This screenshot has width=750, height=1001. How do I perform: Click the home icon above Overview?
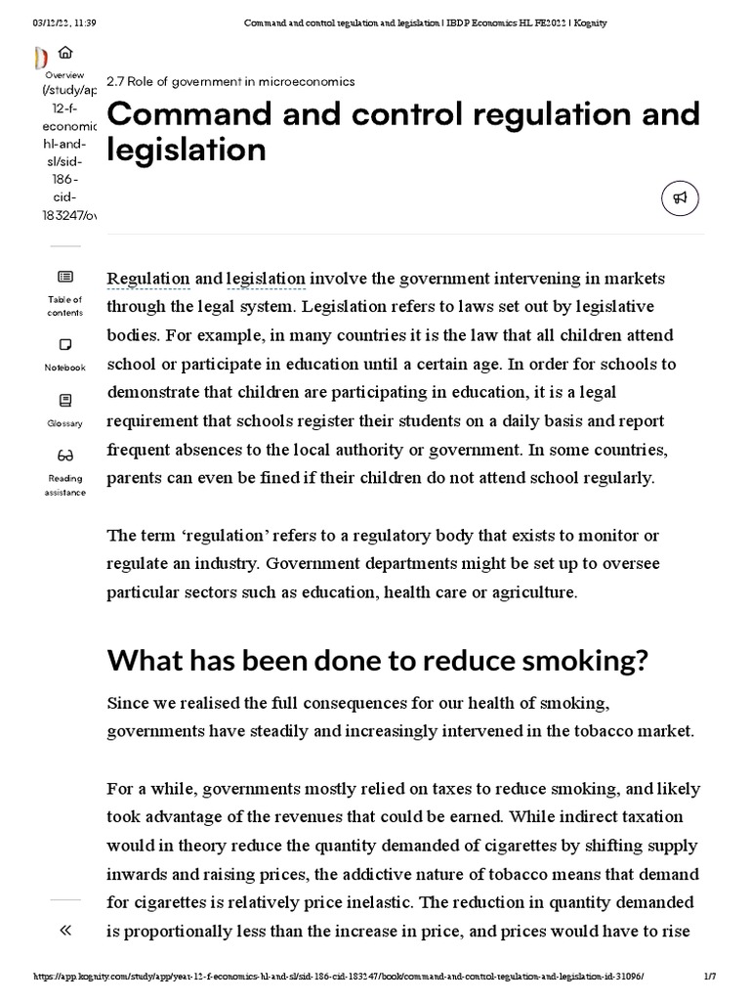pos(65,54)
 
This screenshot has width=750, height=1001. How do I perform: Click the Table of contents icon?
pos(65,277)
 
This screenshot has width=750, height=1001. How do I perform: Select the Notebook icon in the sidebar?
pos(65,344)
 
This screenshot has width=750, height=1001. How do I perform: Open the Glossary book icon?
pos(65,400)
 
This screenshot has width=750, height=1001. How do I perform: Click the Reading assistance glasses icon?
pos(65,455)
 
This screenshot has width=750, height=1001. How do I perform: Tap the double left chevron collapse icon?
pos(65,930)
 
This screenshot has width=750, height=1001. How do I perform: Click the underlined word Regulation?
pos(148,279)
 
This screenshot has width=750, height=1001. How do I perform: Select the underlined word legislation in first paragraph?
pos(266,279)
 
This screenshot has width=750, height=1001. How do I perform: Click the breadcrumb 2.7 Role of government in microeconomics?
pos(230,81)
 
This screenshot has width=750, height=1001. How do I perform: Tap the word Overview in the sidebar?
pos(64,74)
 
